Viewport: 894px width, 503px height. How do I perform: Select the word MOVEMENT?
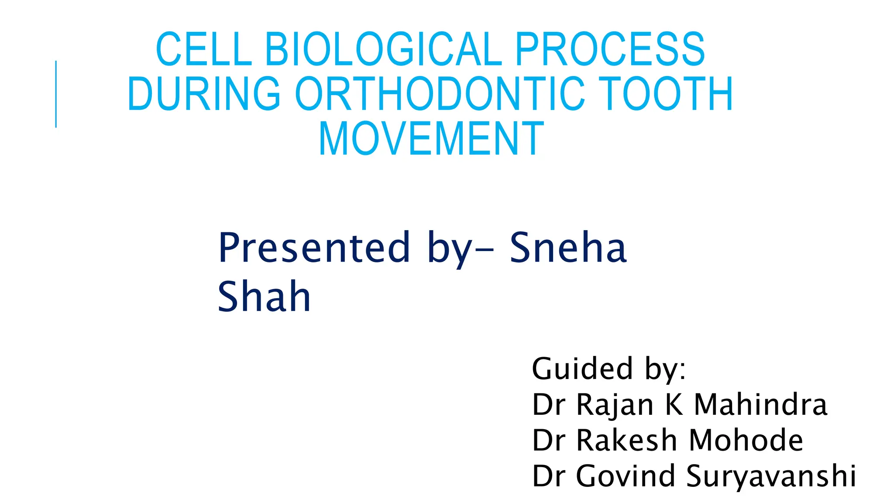click(431, 139)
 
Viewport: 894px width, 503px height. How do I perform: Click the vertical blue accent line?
click(56, 94)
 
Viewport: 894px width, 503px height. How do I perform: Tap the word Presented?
click(314, 248)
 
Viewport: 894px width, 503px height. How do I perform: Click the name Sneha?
click(568, 248)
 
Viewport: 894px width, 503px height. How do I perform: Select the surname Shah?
click(264, 297)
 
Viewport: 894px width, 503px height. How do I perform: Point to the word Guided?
click(582, 369)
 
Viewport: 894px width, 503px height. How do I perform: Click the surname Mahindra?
click(760, 404)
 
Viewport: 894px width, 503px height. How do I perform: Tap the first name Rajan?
click(615, 405)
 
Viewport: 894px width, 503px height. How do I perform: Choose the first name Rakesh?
click(626, 440)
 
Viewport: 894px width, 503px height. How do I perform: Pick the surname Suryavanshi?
click(771, 476)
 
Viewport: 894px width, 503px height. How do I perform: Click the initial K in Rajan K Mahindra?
click(674, 404)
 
